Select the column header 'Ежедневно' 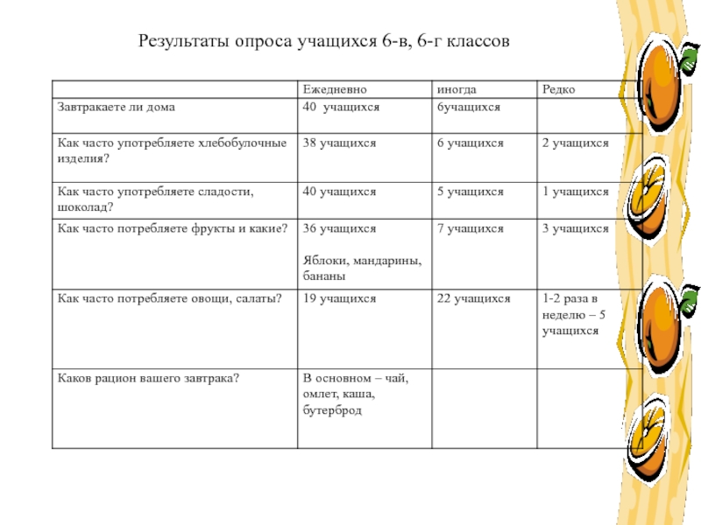coord(335,89)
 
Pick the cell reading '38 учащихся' coord(340,142)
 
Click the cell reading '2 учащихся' coord(575,142)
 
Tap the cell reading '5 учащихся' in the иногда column coord(471,191)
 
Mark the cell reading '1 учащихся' coord(575,191)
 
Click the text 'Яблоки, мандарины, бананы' coord(356,268)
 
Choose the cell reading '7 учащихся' coord(471,228)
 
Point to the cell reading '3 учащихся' coord(575,228)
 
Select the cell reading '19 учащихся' coord(340,298)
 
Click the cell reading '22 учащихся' coord(474,298)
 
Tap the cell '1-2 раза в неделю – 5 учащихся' coord(573,315)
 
